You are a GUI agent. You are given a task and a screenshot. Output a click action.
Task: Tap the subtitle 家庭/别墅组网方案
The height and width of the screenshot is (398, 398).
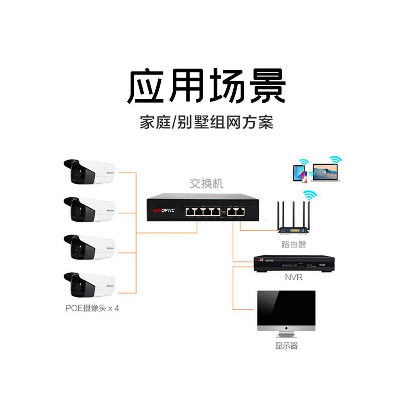tap(206, 122)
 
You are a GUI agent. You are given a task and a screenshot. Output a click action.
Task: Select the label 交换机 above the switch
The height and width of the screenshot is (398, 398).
tap(206, 184)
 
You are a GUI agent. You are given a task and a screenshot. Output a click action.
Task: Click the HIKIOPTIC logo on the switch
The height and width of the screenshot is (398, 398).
tap(164, 210)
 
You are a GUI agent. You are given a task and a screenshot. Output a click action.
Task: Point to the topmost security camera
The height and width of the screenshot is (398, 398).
tap(89, 172)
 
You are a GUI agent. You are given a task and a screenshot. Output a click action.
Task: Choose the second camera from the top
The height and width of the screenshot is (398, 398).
tap(89, 209)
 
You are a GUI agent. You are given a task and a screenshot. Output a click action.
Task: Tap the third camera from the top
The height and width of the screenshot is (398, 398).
tap(89, 247)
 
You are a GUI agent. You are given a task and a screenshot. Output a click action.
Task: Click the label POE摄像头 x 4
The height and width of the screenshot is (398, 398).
tap(92, 309)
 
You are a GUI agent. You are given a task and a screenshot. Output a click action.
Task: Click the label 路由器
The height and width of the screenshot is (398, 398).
tap(294, 245)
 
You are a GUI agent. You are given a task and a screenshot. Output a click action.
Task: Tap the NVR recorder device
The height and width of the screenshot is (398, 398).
tap(294, 264)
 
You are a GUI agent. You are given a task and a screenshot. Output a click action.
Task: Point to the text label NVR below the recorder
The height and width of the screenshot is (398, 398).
tap(294, 278)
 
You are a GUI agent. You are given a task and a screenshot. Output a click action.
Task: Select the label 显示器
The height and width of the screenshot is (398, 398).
tap(286, 346)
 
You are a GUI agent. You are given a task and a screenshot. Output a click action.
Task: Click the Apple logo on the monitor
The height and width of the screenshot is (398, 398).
tap(286, 329)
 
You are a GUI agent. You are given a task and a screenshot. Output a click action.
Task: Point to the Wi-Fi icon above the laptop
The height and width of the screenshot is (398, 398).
tap(335, 160)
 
